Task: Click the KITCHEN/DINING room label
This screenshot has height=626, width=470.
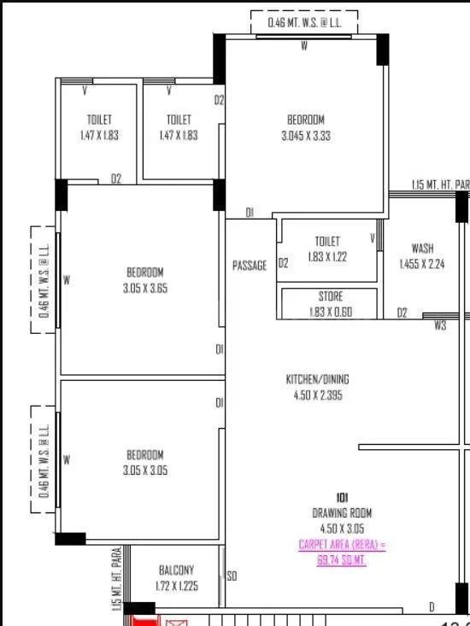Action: point(317,379)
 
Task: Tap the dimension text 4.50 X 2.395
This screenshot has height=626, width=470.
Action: point(317,395)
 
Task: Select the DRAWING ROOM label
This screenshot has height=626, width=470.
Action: point(341,512)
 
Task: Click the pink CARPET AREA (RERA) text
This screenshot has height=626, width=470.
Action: point(342,544)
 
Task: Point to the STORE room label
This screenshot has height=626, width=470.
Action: point(330,296)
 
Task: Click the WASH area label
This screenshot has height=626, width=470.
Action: point(422,249)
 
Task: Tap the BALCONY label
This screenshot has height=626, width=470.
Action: point(176,570)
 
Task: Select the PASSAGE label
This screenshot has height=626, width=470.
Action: point(250,266)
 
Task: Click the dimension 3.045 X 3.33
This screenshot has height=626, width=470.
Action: point(305,135)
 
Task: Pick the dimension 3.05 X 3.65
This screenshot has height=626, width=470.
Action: point(145,289)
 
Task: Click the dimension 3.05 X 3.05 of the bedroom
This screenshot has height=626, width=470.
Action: point(145,471)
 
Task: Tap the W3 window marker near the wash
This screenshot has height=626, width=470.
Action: point(440,325)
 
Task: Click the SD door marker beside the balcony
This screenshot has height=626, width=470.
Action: point(231,577)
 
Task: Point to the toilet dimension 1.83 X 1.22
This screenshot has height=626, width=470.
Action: point(327,255)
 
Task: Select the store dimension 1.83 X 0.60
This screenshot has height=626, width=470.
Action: point(330,312)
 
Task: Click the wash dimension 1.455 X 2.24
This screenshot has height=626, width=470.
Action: point(422,264)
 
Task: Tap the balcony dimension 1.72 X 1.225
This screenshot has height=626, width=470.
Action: point(176,587)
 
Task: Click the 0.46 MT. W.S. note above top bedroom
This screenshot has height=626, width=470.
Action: point(303,22)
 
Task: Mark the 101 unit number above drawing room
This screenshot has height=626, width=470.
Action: point(342,497)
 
